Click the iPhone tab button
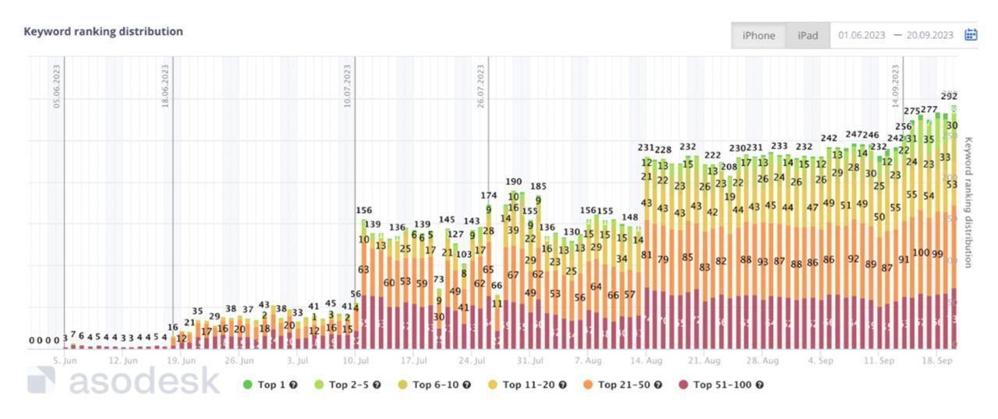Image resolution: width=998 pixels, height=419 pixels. (758, 35)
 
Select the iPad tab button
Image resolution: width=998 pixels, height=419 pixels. (808, 35)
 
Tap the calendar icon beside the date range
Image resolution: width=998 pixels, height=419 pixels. (971, 35)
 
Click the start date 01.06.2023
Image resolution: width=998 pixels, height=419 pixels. (862, 35)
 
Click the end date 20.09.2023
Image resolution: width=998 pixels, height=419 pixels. (929, 35)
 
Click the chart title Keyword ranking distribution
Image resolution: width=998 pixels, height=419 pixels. (103, 31)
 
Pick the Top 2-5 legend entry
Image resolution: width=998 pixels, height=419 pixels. (349, 385)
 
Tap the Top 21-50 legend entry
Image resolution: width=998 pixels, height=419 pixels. (623, 385)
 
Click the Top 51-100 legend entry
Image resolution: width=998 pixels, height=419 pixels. (720, 385)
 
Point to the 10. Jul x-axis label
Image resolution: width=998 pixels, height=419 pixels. (355, 360)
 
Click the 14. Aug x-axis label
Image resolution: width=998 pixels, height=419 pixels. (646, 360)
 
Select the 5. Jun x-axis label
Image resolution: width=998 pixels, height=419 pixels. (65, 360)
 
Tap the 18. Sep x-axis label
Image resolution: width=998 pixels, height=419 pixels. (937, 360)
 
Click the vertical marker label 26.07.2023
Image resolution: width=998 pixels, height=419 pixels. (481, 86)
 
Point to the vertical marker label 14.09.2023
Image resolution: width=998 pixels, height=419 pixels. (895, 86)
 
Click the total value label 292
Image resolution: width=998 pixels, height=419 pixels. (949, 97)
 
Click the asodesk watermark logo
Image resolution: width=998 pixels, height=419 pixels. (125, 381)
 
